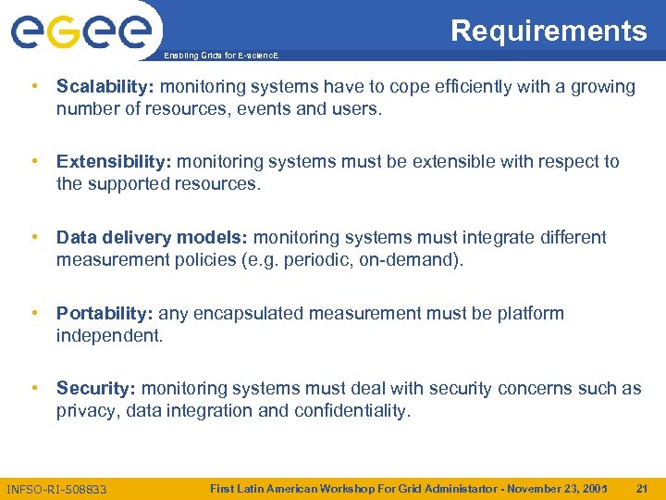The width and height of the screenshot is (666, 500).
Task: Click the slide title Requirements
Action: pos(549,31)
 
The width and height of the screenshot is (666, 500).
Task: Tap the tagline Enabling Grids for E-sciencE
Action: pos(220,56)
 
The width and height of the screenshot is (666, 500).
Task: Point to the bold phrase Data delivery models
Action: pos(152,238)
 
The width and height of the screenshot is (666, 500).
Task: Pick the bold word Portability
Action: pos(104,314)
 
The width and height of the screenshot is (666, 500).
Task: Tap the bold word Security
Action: pos(96,389)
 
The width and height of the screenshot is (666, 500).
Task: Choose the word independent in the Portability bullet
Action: pos(109,336)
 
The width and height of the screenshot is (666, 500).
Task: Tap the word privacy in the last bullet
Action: pos(87,411)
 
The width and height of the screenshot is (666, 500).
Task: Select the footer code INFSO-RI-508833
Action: pos(56,489)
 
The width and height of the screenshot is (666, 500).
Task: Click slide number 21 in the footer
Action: pos(642,487)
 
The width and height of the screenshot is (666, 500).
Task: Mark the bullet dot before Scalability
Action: pos(33,87)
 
